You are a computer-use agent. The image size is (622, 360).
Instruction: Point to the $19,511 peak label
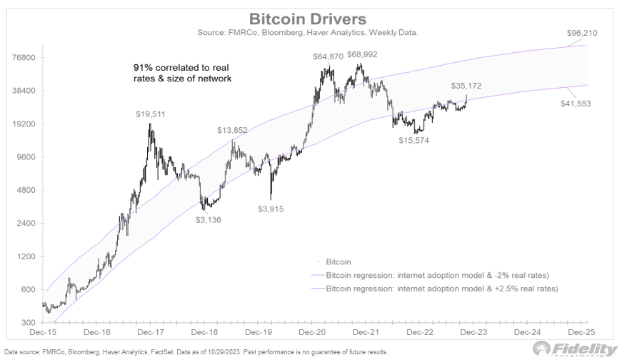151,114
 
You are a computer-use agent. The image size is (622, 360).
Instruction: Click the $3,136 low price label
209,220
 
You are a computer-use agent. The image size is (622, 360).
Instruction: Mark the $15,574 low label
416,140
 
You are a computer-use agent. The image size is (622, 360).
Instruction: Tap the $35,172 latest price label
467,86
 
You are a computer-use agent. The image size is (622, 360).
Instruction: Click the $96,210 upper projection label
583,33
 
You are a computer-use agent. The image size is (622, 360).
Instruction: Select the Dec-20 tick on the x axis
311,332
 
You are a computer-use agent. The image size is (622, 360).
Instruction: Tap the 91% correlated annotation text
182,73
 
